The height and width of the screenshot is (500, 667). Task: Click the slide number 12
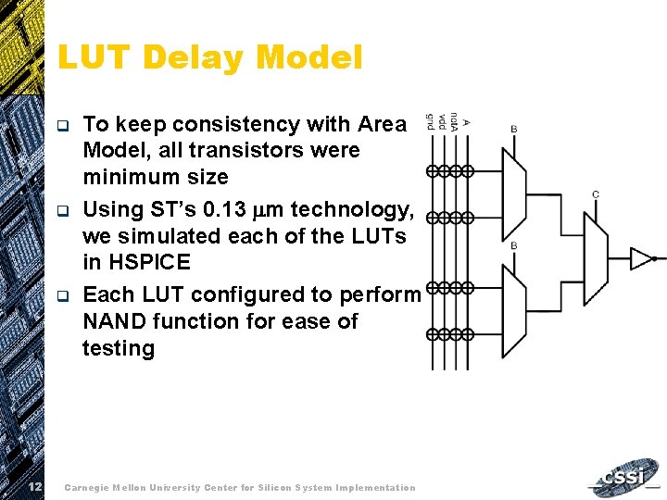[34, 487]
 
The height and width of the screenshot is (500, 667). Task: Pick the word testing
[119, 348]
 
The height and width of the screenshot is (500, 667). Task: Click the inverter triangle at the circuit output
[641, 258]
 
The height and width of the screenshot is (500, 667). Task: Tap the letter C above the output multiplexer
[595, 194]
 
